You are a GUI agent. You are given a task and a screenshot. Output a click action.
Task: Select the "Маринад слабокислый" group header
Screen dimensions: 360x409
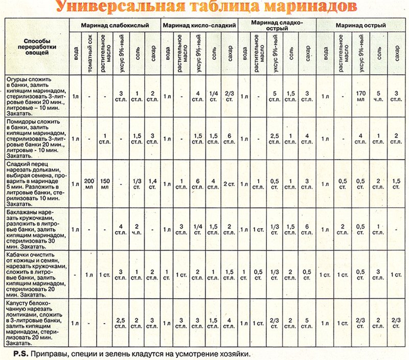[118, 25]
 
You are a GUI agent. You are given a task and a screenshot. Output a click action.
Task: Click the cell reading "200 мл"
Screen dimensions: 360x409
[89, 184]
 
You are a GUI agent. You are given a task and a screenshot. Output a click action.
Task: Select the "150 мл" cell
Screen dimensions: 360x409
[105, 184]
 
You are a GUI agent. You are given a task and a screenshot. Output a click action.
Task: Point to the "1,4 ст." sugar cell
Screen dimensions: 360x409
[153, 184]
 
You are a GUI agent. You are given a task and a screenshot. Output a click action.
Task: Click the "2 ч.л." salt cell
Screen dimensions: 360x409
[137, 229]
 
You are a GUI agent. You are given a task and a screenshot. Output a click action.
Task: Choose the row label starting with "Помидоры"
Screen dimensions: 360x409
[35, 139]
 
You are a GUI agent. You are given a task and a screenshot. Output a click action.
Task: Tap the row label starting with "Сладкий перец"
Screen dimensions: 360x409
[35, 184]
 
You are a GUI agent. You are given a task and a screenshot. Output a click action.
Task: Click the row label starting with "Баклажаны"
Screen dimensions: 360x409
[35, 229]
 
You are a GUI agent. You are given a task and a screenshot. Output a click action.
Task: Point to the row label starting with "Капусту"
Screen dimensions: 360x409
[35, 323]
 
